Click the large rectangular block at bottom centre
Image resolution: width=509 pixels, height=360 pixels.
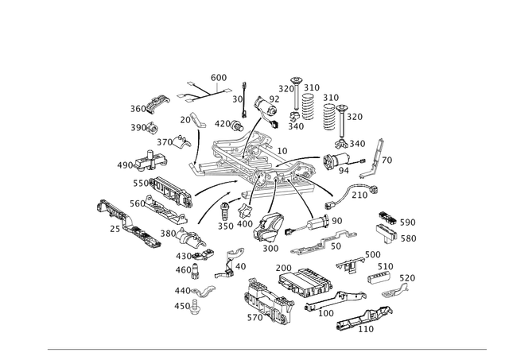point(307,283)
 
